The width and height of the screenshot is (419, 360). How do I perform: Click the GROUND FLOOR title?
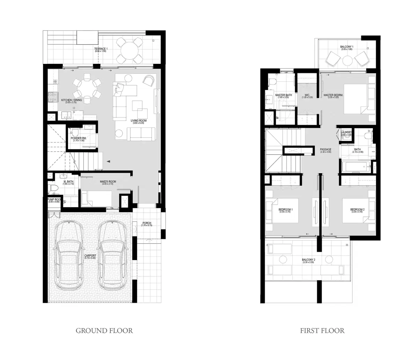[104, 330]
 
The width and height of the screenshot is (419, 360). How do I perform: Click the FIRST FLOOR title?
[322, 330]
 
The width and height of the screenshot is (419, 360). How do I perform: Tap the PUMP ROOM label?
[54, 200]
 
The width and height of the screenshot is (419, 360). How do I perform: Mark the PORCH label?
[147, 224]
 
